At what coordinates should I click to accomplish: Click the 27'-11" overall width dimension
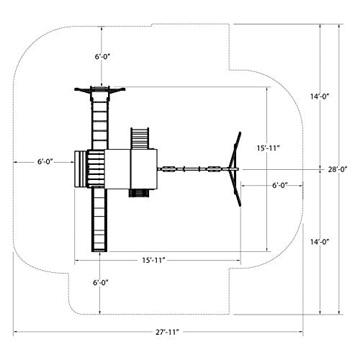167,332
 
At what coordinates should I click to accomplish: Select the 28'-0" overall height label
338,169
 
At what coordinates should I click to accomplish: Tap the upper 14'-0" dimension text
320,96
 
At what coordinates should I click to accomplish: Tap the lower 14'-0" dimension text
320,242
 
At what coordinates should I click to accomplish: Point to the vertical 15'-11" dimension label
269,148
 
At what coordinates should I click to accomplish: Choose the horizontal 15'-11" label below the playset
154,260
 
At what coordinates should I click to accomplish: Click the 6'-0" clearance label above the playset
102,57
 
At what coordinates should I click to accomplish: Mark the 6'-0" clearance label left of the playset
45,161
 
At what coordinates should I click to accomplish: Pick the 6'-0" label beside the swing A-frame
280,186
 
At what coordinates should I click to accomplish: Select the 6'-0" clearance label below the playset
101,283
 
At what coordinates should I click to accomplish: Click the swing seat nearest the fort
168,169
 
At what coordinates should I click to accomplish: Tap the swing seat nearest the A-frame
214,169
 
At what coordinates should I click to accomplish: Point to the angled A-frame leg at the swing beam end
235,169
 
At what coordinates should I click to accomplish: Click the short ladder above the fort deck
140,138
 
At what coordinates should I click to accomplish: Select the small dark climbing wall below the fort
139,193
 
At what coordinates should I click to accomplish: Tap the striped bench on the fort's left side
79,169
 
